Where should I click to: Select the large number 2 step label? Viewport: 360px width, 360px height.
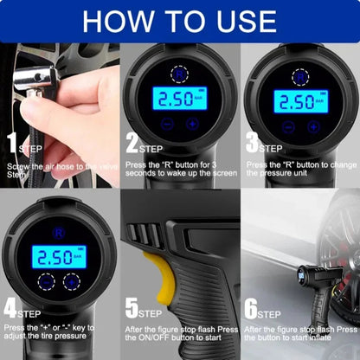click(x=132, y=144)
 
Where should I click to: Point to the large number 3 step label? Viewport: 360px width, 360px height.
click(x=252, y=144)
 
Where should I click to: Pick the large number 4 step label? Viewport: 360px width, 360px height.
click(x=11, y=307)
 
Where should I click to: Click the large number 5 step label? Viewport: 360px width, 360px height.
click(x=132, y=307)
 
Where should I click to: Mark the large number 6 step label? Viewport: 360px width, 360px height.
click(x=252, y=307)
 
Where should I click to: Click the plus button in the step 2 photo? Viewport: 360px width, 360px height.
click(x=192, y=125)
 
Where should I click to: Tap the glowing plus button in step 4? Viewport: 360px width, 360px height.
click(x=71, y=281)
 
